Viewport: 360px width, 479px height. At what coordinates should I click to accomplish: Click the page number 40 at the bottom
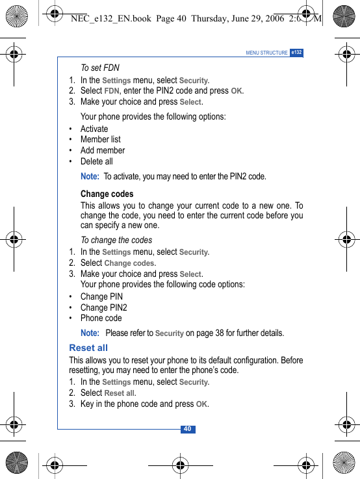point(187,430)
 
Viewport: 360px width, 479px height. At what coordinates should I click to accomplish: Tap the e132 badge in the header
point(296,53)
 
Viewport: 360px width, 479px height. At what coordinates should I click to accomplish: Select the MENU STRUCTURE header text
point(266,53)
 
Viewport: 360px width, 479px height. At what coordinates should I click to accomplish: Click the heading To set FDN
point(100,68)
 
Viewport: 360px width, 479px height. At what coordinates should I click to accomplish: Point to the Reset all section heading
point(88,348)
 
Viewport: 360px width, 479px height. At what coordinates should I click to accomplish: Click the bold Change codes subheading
point(107,194)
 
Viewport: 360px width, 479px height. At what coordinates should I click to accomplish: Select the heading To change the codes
point(116,240)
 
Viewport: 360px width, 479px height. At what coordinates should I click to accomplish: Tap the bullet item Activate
point(94,129)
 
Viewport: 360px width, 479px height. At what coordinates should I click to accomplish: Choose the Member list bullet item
point(101,139)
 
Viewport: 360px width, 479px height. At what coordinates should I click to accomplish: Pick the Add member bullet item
point(103,150)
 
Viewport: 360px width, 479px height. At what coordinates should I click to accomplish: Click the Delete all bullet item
point(96,161)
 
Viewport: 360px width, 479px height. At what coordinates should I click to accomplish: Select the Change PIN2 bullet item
point(104,307)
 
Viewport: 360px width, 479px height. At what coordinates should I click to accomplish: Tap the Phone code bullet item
point(101,318)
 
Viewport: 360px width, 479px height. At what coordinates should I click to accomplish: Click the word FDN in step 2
point(112,91)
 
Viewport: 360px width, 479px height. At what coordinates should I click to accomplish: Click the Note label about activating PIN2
point(90,176)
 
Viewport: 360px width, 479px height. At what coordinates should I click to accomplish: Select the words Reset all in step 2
point(120,393)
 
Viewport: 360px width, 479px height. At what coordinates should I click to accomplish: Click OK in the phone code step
point(201,404)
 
